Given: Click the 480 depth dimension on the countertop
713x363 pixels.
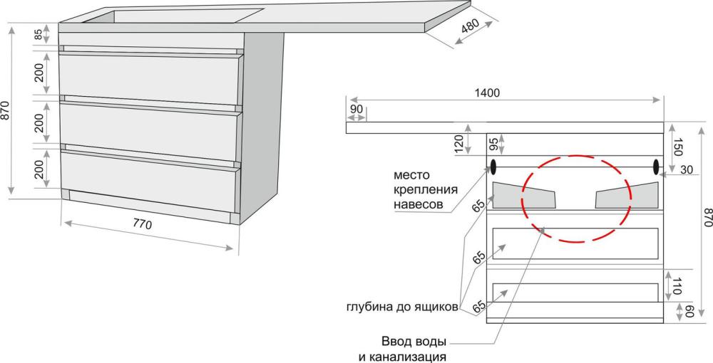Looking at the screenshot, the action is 471,28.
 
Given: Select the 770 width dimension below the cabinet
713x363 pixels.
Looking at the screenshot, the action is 143,224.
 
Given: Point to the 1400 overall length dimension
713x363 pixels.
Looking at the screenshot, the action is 488,93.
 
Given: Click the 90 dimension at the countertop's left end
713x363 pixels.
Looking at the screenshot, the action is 356,110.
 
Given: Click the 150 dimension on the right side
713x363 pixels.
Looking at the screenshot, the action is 677,147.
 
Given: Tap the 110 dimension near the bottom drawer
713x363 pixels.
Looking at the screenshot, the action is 677,286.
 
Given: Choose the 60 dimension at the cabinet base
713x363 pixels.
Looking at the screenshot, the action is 688,311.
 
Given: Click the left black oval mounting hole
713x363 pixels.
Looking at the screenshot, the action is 493,167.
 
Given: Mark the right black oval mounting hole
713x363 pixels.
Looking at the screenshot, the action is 657,167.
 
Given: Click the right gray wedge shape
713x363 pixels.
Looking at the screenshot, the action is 627,196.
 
